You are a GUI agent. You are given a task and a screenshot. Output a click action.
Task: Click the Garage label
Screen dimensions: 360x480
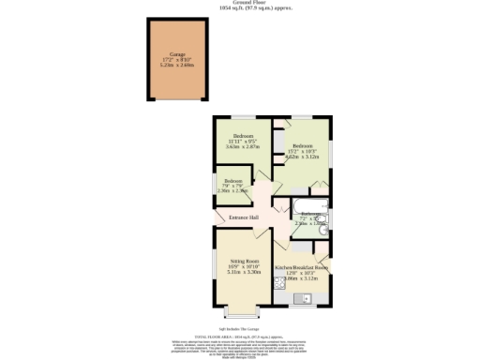click(176, 54)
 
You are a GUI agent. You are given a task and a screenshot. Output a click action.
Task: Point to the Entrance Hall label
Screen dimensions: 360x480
click(244, 217)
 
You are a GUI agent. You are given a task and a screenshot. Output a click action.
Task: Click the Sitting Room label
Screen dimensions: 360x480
click(244, 262)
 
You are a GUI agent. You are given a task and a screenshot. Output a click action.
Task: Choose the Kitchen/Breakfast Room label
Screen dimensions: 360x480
click(301, 267)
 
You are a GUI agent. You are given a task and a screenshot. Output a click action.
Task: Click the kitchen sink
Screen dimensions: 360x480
click(302, 300)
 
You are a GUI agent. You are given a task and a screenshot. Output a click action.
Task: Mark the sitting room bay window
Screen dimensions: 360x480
click(243, 310)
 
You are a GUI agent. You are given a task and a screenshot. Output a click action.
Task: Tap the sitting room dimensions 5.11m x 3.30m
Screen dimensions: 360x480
click(244, 273)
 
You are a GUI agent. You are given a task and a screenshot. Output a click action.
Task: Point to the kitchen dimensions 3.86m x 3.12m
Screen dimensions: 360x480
click(301, 278)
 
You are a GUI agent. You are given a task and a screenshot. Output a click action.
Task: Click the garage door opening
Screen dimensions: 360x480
click(176, 100)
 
